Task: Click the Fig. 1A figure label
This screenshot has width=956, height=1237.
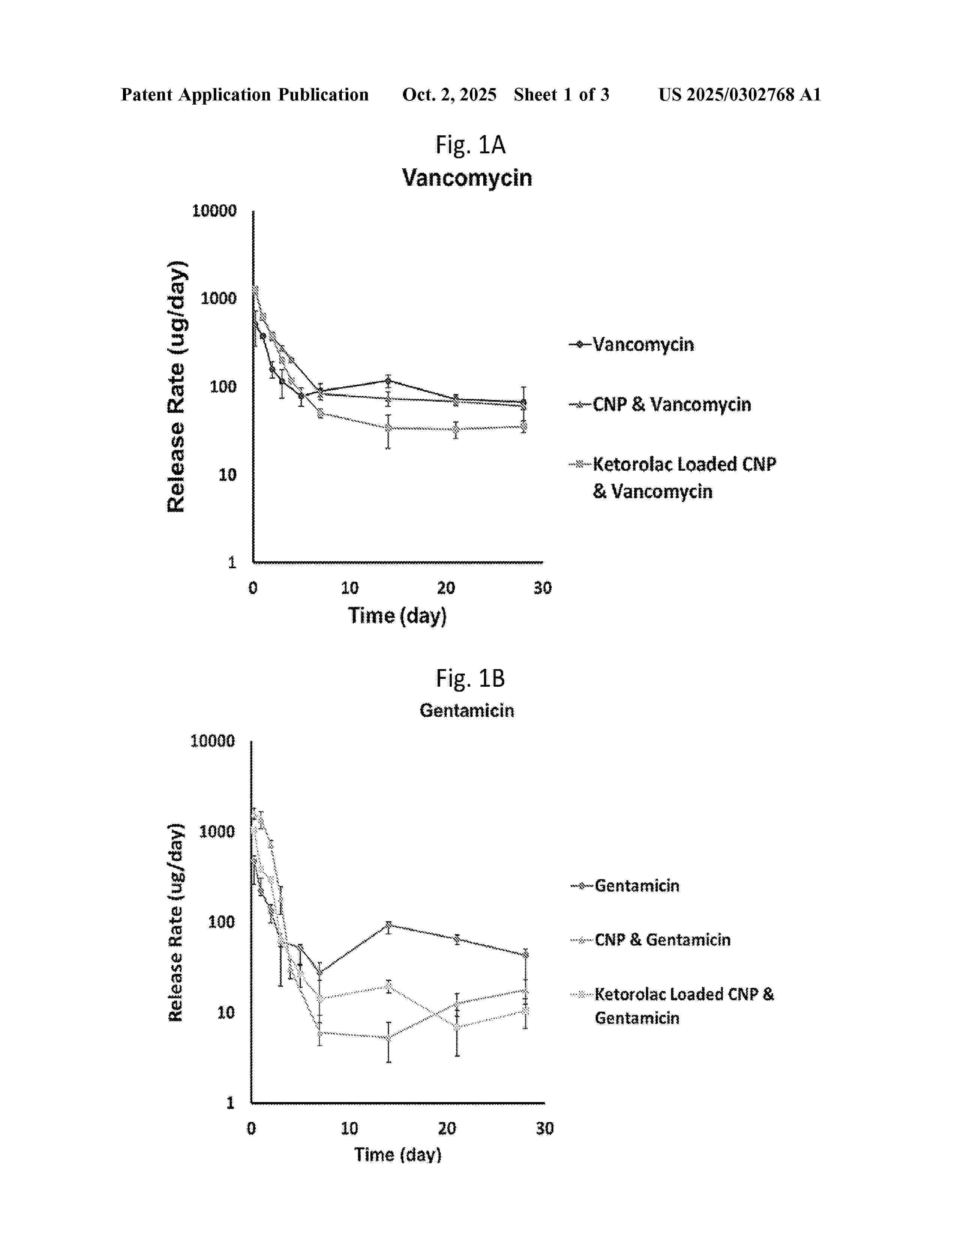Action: (x=470, y=145)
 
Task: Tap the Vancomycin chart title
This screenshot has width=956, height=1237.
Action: (x=467, y=178)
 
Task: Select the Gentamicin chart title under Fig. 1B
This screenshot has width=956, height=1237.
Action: (x=467, y=710)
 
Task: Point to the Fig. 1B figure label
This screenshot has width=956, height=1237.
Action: (x=470, y=678)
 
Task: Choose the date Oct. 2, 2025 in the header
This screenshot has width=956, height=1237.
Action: (x=449, y=94)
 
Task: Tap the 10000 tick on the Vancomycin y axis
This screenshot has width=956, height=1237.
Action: (x=214, y=211)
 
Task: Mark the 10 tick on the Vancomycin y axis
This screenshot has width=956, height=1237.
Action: (x=227, y=475)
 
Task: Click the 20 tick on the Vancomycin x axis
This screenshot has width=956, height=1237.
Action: (x=446, y=588)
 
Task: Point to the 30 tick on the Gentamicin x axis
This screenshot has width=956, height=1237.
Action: (x=544, y=1128)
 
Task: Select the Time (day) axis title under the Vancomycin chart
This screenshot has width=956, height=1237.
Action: (x=397, y=616)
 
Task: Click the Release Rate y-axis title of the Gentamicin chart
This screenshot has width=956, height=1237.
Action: (x=176, y=921)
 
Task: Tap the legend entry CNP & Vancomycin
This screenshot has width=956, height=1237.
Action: (x=672, y=404)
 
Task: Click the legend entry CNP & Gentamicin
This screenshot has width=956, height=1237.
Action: (x=662, y=940)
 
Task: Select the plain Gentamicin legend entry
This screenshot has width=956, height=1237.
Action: (x=637, y=885)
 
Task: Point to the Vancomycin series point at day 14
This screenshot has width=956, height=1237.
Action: (x=388, y=380)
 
